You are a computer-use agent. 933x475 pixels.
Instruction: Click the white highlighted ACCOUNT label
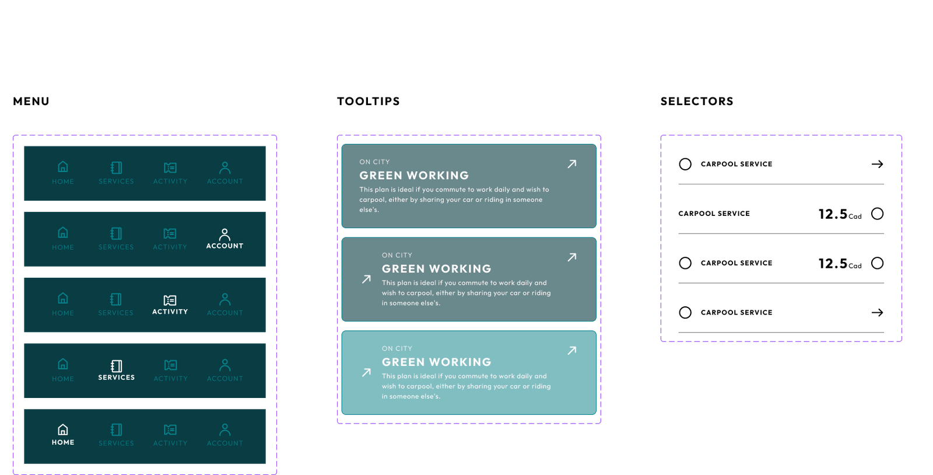coord(225,246)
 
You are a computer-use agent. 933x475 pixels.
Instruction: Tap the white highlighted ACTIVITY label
coord(170,312)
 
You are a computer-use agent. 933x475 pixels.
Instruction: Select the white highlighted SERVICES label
coord(116,378)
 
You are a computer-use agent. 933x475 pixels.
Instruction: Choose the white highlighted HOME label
coord(63,442)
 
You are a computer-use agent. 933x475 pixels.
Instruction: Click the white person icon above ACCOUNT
coord(225,235)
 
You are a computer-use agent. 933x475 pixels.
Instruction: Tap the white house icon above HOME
coord(63,430)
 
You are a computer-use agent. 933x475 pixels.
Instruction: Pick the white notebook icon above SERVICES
coord(117,365)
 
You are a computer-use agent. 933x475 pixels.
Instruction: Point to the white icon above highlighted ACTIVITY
coord(170,300)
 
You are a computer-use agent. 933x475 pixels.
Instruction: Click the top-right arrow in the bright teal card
coord(572,350)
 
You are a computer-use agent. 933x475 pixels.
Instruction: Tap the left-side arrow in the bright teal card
coord(366,372)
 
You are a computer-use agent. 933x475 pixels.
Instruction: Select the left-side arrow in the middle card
coord(366,279)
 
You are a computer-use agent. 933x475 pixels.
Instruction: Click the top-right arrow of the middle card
coord(572,257)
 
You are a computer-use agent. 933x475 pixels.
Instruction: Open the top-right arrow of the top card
coord(572,164)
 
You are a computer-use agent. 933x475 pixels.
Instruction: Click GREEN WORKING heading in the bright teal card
coord(436,362)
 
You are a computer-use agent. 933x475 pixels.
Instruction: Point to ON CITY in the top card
coord(374,162)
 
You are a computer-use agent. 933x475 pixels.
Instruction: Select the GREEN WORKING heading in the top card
coord(414,175)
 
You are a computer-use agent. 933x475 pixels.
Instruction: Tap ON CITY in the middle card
coord(397,255)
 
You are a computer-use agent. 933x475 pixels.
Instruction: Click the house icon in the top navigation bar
coord(63,167)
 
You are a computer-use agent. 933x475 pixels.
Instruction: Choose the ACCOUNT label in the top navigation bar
coord(225,181)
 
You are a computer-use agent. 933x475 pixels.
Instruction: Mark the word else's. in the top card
coord(369,209)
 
